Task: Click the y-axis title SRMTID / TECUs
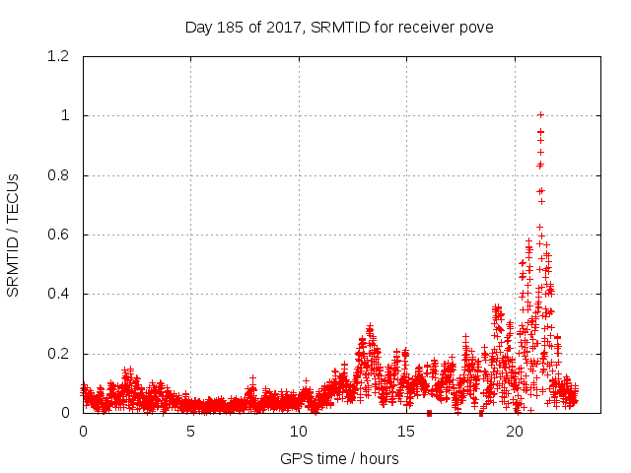[14, 235]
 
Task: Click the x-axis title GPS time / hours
[339, 458]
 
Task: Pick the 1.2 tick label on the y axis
[59, 56]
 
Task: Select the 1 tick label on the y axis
[65, 115]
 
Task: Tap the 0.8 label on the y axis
[59, 175]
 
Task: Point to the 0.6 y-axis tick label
[59, 235]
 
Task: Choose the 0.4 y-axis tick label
[59, 294]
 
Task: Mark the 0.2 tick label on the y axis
[59, 354]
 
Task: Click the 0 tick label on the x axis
[83, 432]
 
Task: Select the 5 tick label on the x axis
[191, 432]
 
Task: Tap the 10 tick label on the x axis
[299, 432]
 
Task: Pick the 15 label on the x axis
[406, 432]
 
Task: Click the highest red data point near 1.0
[540, 115]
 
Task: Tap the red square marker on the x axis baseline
[429, 413]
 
